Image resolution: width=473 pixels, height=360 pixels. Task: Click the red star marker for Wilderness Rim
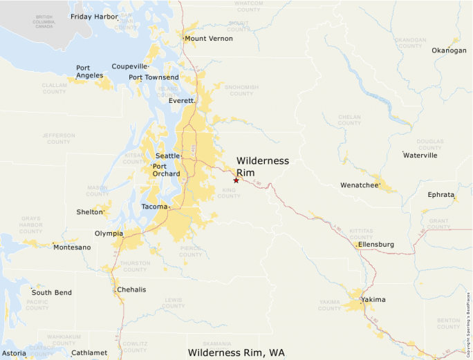[x=236, y=180]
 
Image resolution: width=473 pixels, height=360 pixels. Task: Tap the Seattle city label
[x=167, y=156]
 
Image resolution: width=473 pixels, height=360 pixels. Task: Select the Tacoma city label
[x=154, y=207]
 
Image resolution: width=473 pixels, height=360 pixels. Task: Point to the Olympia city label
[x=108, y=234]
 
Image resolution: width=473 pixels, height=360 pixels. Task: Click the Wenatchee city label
[x=359, y=185]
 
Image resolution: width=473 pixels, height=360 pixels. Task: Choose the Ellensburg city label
[x=376, y=245]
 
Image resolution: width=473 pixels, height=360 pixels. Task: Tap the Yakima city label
[x=373, y=300]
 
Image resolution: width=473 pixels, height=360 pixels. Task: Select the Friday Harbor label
[x=94, y=16]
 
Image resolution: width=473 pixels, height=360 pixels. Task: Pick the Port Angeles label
[x=89, y=72]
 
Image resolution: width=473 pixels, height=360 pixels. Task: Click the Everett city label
[x=181, y=101]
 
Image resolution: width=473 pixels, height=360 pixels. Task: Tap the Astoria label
[x=14, y=353]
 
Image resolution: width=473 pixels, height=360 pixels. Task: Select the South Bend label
[x=51, y=293]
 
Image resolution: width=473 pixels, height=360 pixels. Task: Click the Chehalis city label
[x=131, y=290]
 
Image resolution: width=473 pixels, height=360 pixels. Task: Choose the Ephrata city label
[x=441, y=195]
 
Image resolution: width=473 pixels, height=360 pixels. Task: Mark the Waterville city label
[x=420, y=155]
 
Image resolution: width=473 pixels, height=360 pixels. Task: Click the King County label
[x=229, y=193]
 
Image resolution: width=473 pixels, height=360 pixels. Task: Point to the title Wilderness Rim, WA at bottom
[x=236, y=352]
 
